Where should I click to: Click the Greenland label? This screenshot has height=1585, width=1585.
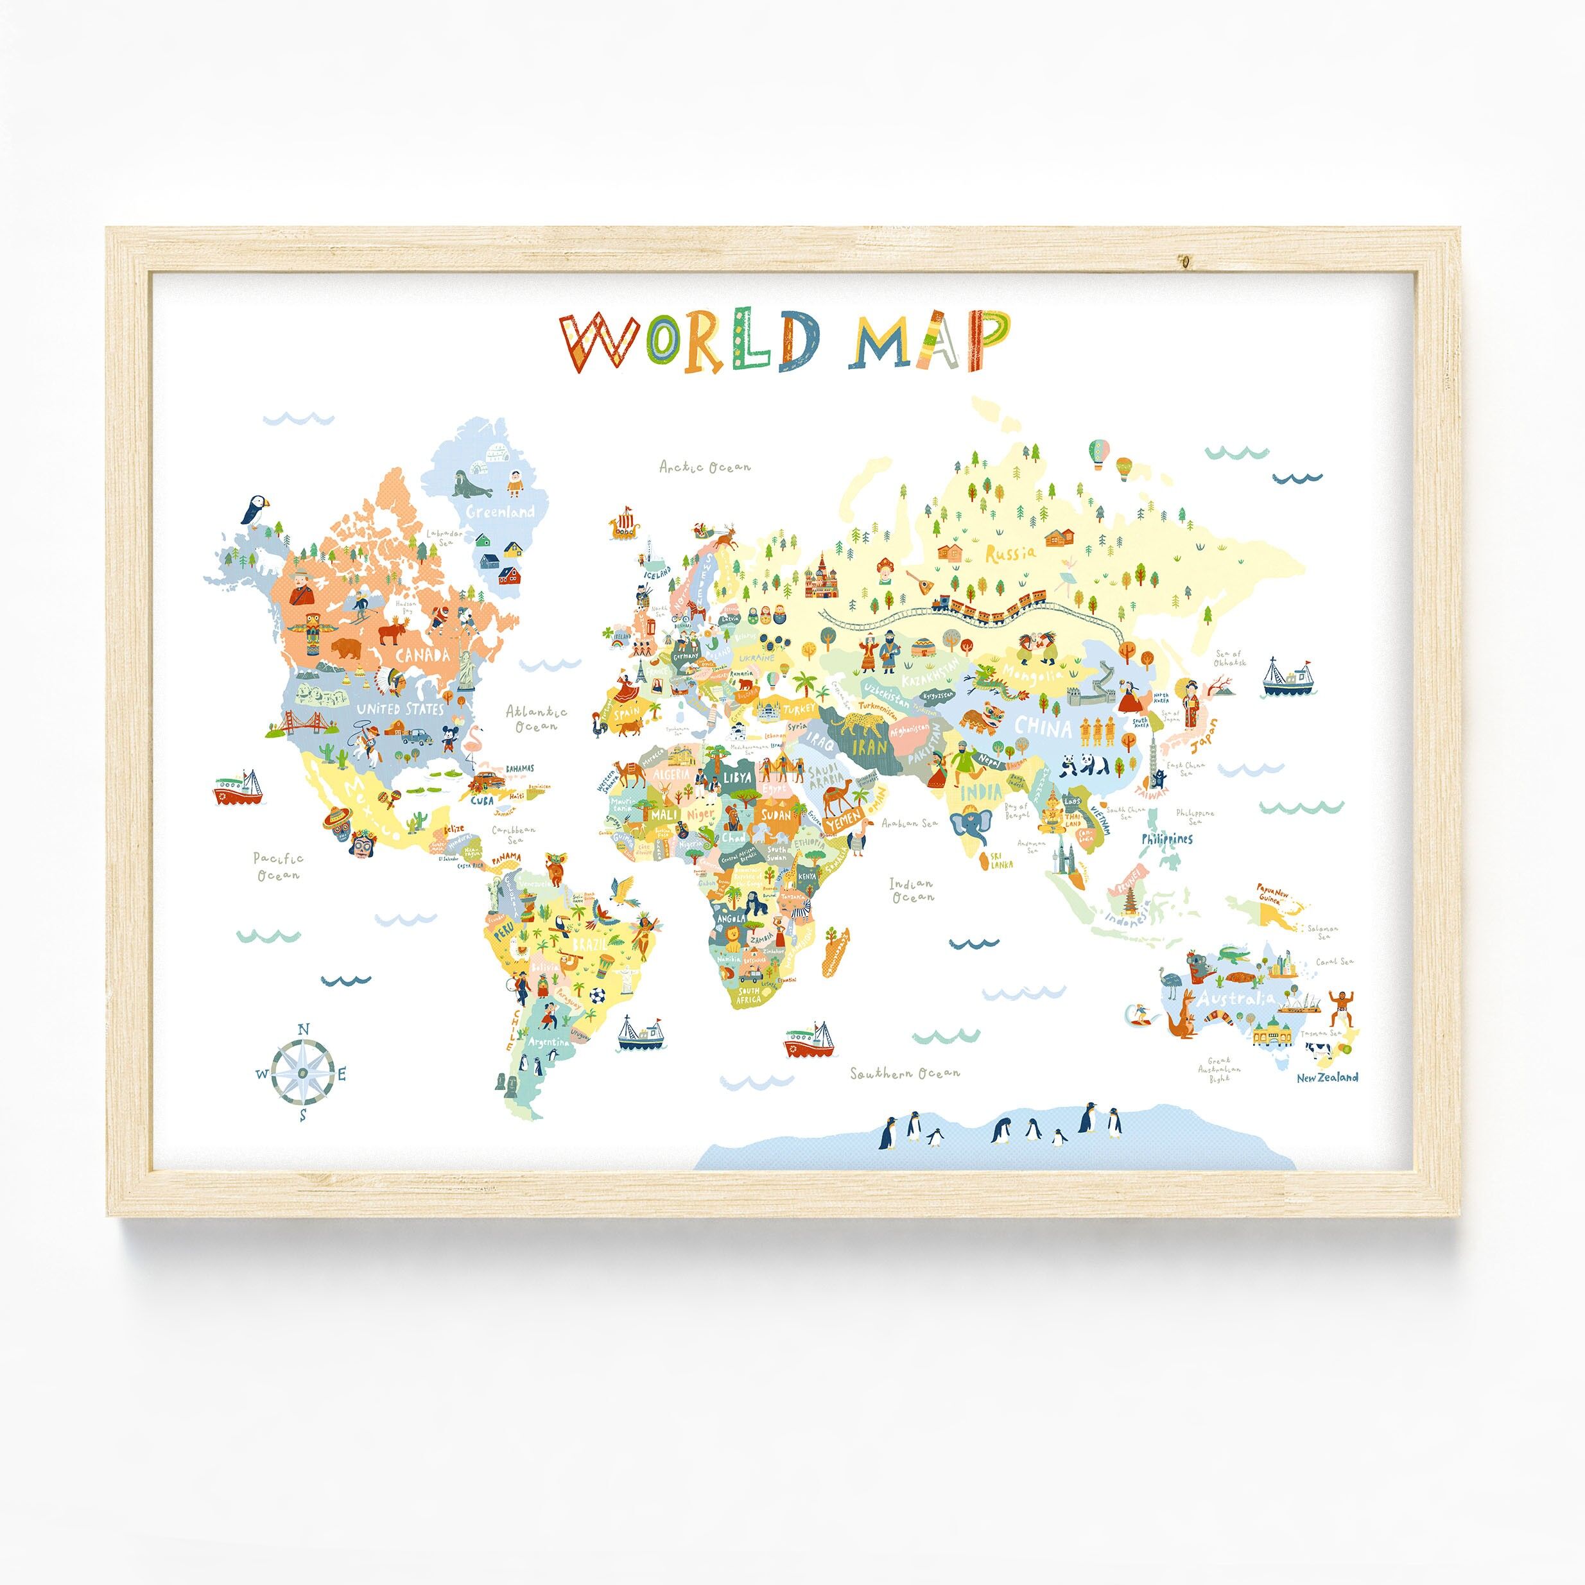[x=499, y=512]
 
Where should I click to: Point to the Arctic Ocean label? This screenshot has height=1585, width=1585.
[x=706, y=467]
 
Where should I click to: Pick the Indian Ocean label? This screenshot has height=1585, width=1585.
[x=912, y=890]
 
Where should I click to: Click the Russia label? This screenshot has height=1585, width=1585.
[x=1010, y=552]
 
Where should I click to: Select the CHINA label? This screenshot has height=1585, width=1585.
[x=1043, y=727]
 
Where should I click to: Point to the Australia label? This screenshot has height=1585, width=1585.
[x=1234, y=998]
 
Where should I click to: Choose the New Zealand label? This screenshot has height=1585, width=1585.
[x=1326, y=1077]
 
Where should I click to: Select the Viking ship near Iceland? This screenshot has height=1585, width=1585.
[x=625, y=525]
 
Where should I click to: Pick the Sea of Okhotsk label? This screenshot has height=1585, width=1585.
[x=1230, y=657]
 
